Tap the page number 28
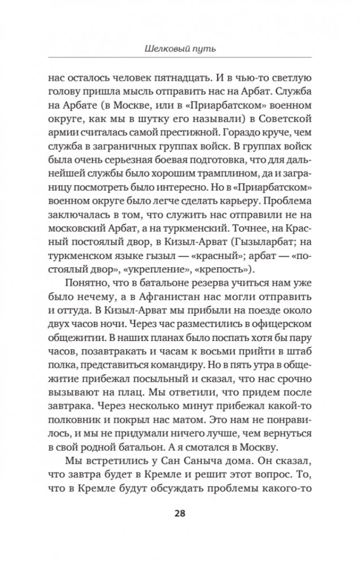(180, 513)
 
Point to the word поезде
(261, 328)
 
